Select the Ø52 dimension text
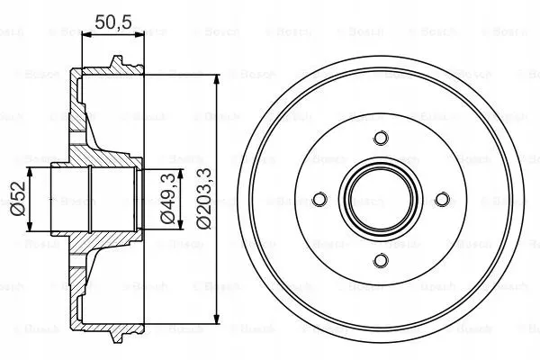(15, 198)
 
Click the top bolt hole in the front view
(380, 138)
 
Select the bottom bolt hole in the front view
(380, 260)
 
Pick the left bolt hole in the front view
(319, 199)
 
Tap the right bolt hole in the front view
(441, 199)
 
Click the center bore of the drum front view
(380, 199)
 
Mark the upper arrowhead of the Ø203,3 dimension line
(217, 80)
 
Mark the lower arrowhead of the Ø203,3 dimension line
(217, 317)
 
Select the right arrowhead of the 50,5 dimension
(140, 34)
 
